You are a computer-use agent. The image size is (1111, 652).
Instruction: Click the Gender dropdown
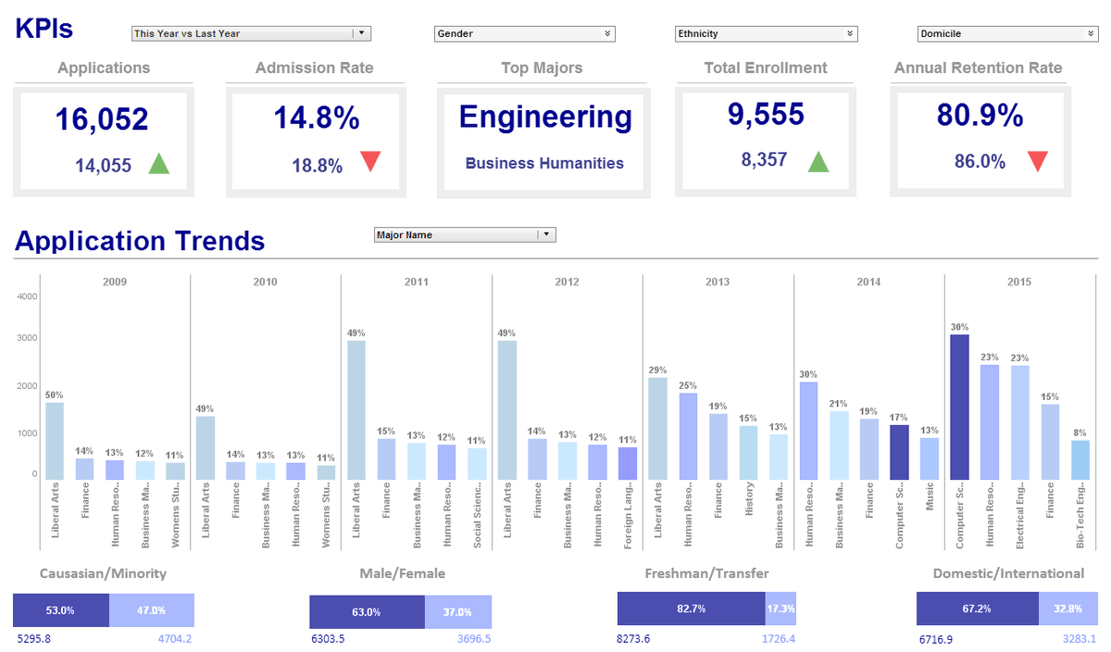click(524, 33)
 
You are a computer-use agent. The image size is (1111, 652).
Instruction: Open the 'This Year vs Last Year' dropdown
click(251, 33)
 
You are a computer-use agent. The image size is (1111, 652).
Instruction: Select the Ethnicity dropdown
click(766, 33)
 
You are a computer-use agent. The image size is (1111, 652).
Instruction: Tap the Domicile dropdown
click(1007, 33)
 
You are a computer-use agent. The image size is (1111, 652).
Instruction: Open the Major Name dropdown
click(464, 235)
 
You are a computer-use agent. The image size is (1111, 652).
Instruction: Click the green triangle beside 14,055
click(159, 165)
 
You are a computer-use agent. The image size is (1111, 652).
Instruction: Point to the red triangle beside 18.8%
click(370, 162)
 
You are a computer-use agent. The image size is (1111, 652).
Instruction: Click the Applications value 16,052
click(101, 119)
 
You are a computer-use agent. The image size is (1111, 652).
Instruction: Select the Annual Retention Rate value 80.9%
click(980, 116)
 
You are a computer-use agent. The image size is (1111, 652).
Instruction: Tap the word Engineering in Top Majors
click(544, 118)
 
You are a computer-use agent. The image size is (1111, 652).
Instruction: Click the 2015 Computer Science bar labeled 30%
click(960, 407)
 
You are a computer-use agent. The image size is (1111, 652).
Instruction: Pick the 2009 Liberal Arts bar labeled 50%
click(55, 441)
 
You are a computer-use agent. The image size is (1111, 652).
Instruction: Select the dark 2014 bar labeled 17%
click(899, 452)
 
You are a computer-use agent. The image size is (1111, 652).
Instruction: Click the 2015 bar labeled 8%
click(1080, 459)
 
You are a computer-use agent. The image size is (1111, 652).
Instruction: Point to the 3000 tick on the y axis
click(26, 338)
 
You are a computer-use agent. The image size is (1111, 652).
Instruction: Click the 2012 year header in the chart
click(567, 282)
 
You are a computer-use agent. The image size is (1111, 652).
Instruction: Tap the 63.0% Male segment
click(367, 612)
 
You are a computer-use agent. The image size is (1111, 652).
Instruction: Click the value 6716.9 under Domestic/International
click(936, 639)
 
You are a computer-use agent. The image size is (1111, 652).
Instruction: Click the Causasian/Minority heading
click(103, 573)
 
